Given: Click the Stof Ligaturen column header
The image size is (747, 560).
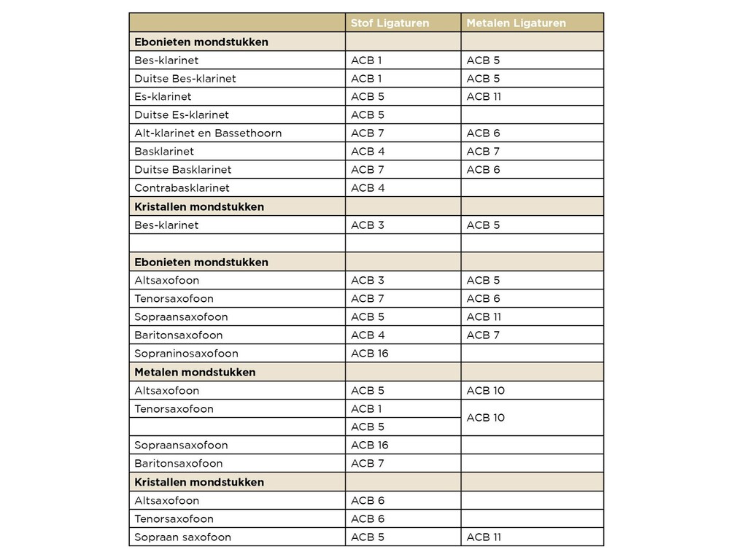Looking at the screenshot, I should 390,23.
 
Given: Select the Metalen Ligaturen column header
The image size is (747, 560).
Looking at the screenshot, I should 516,23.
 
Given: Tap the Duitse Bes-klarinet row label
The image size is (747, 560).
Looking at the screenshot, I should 185,79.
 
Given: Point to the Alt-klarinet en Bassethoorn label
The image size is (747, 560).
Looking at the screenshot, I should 208,133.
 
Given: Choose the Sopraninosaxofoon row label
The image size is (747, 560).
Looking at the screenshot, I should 186,354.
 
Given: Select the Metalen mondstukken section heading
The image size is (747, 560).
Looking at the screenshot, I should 195,372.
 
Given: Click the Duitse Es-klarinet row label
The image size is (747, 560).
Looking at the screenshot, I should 182,115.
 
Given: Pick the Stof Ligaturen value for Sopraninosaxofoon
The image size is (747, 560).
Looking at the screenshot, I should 369,354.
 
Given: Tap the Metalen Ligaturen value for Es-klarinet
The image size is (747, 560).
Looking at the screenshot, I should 484,97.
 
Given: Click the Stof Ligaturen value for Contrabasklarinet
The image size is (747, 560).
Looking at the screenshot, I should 368,188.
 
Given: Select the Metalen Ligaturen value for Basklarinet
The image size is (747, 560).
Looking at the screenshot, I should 483,152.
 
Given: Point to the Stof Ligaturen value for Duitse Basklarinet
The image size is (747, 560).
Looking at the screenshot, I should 367,170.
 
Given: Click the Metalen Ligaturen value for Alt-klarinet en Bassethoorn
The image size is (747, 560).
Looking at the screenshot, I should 483,133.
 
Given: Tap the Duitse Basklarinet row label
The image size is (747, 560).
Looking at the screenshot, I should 182,170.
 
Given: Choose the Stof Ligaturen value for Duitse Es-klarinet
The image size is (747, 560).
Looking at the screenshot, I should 367,115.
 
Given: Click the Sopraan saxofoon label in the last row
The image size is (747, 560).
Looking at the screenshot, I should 182,537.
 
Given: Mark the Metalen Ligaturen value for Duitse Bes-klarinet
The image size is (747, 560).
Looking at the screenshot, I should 483,79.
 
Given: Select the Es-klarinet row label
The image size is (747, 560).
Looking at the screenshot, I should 163,97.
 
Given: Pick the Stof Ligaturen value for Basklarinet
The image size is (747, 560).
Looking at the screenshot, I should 368,152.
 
